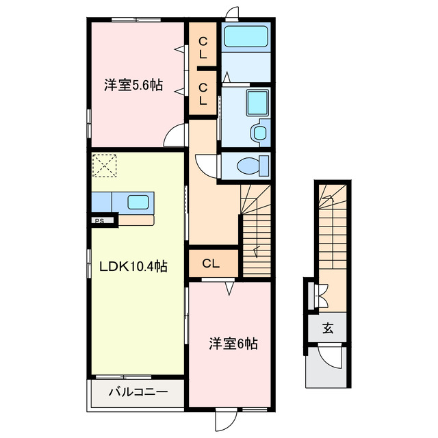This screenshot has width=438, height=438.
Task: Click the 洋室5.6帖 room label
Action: click(x=133, y=86)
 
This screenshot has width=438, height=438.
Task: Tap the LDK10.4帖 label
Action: click(x=133, y=266)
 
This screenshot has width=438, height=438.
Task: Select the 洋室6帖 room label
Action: click(x=233, y=344)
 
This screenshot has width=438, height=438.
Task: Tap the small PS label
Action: click(x=100, y=220)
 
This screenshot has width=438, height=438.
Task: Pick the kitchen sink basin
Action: click(x=138, y=202)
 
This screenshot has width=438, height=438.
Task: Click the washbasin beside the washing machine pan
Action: click(x=259, y=132)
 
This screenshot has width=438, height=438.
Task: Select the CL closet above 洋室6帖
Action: click(x=211, y=263)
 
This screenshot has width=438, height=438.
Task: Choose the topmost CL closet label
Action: click(x=203, y=47)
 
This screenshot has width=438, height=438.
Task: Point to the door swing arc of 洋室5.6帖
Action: click(x=177, y=134)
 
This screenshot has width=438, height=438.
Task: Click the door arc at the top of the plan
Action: click(x=233, y=12)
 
